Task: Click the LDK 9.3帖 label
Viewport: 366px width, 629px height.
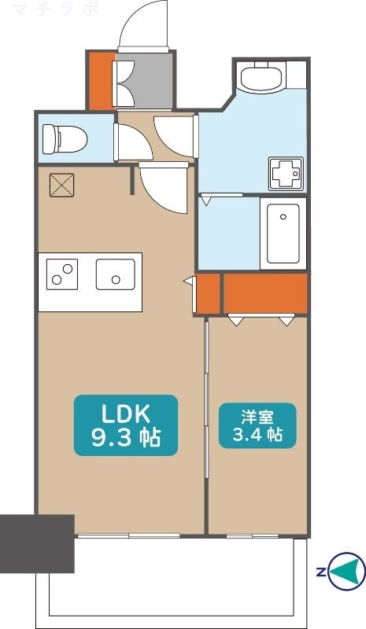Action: tap(126, 425)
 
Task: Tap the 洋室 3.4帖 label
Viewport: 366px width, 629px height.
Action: tap(257, 425)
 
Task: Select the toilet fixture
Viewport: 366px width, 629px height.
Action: tap(65, 139)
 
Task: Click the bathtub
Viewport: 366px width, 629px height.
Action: tap(283, 234)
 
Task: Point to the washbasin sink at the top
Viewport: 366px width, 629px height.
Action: tap(267, 76)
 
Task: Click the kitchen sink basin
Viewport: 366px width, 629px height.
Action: tap(115, 274)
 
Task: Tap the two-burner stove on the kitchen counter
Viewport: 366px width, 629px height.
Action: tap(62, 274)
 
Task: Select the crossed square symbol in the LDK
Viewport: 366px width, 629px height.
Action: tap(62, 185)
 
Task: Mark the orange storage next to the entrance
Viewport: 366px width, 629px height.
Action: tap(102, 80)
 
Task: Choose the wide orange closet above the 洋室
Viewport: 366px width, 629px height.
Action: tap(265, 293)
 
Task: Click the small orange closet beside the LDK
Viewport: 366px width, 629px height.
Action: tap(208, 293)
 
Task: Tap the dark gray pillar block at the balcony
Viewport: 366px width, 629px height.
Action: tap(37, 543)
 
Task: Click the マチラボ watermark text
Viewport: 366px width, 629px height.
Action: tap(55, 9)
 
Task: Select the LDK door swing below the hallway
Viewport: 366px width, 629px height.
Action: tap(164, 189)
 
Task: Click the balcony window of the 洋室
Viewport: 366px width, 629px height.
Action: tap(253, 536)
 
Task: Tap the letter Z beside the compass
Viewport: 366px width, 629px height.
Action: tap(320, 572)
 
